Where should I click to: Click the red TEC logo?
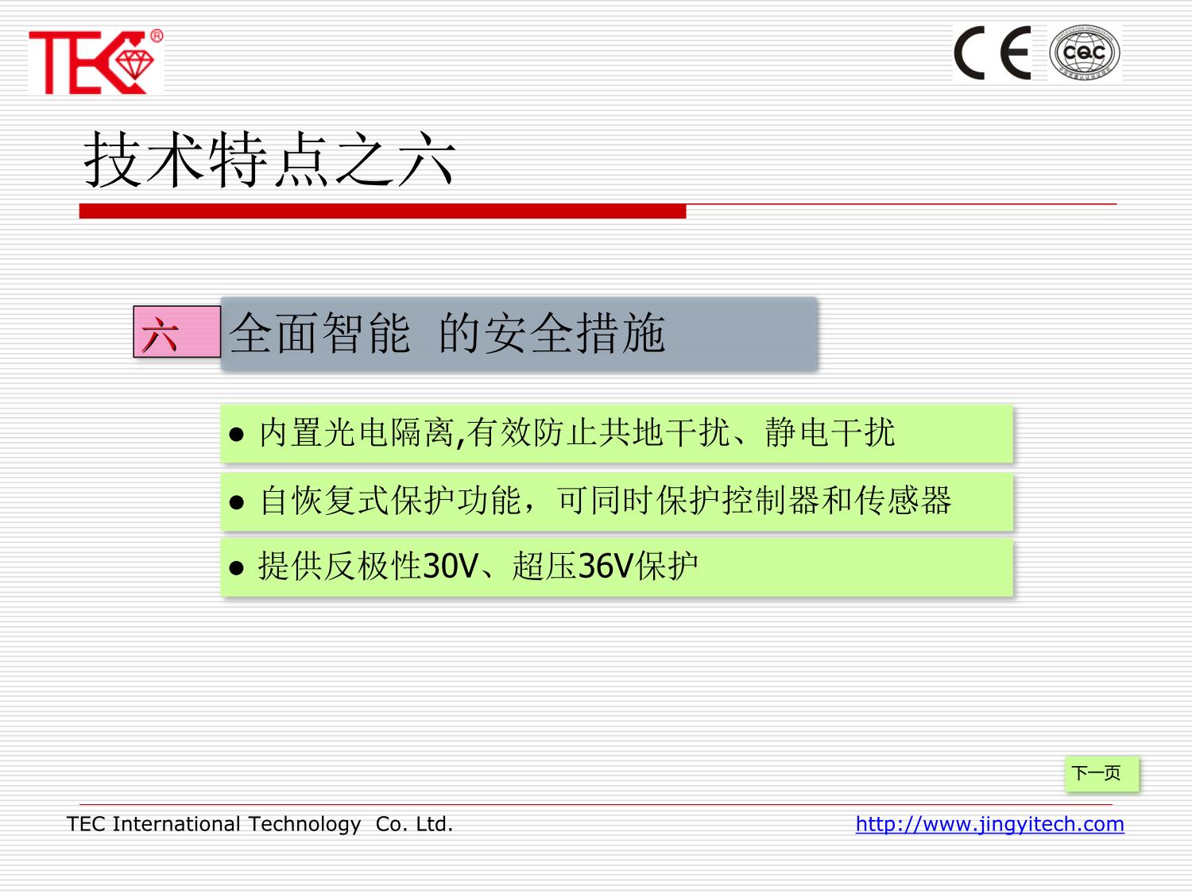tap(92, 63)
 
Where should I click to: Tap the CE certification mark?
tap(993, 52)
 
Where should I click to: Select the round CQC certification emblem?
tap(1084, 52)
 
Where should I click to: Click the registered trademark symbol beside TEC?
tap(157, 36)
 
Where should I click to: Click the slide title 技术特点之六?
tap(269, 160)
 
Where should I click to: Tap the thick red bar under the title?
tap(382, 211)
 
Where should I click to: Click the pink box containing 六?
tap(177, 331)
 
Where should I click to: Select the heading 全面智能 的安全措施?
tap(447, 333)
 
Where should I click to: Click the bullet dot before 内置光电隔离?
tap(236, 434)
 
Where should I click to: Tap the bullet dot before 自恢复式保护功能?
tap(236, 502)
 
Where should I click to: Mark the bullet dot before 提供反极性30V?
tap(236, 568)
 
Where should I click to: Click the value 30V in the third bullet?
tap(451, 566)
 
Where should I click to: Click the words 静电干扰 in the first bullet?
tap(830, 432)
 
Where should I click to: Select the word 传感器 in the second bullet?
tap(904, 500)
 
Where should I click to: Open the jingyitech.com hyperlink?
tap(989, 824)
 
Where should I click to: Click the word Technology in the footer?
tap(304, 825)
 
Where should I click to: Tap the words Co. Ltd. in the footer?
tap(414, 824)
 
